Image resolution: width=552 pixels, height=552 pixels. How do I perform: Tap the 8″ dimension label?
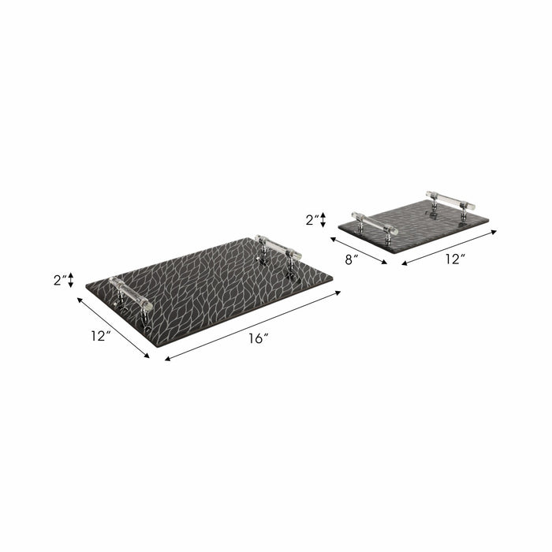point(352,257)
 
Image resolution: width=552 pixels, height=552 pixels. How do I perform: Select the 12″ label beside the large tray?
point(99,337)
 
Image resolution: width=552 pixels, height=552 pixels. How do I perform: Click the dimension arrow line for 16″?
point(252,326)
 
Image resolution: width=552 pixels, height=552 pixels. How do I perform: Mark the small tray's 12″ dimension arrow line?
point(449,247)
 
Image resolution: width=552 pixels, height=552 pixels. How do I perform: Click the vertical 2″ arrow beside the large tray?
point(71,280)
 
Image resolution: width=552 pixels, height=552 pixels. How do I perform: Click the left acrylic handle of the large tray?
point(132,293)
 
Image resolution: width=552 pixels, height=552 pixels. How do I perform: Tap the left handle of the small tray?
point(373,220)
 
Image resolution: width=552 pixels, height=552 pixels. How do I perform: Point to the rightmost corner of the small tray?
point(489,219)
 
